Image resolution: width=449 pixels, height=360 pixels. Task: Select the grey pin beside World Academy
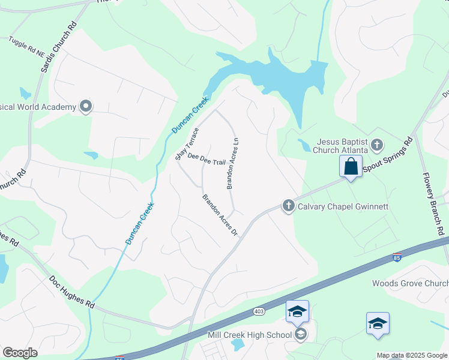coord(86,107)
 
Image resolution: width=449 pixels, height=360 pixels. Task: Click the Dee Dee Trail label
coord(206,159)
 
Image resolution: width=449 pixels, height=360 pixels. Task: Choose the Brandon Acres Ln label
coord(233,163)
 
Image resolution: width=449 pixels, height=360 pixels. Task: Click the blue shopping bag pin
coord(351,166)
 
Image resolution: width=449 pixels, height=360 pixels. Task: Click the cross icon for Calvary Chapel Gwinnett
coord(288,206)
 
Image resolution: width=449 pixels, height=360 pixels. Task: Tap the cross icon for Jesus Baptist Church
coord(376,145)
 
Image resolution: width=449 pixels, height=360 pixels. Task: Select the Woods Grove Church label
coord(410,283)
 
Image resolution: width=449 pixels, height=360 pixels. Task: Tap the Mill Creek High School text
coord(250,335)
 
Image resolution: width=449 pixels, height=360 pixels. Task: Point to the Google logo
coord(20,353)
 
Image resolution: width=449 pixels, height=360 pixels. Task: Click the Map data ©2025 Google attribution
coord(412,355)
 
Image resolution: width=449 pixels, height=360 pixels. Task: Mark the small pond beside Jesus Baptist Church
coord(304,145)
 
